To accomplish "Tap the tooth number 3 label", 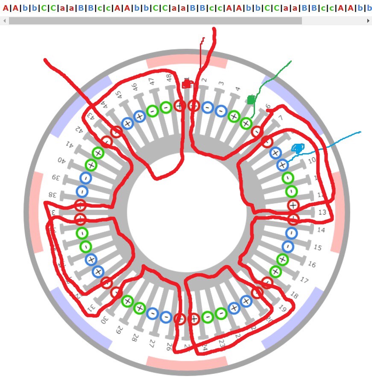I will point(221,83).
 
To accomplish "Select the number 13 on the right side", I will point(322,212).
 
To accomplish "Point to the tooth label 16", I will point(312,265).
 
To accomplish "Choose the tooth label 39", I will point(54,177).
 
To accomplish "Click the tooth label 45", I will point(118,94).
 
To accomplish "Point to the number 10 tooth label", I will point(312,160).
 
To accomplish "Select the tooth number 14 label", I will point(321,230).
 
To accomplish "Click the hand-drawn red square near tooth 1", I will point(186,84).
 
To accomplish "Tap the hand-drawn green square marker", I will point(251,100).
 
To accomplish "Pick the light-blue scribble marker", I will point(298,148).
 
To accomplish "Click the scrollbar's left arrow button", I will point(4,21).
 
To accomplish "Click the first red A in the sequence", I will point(5,8).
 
